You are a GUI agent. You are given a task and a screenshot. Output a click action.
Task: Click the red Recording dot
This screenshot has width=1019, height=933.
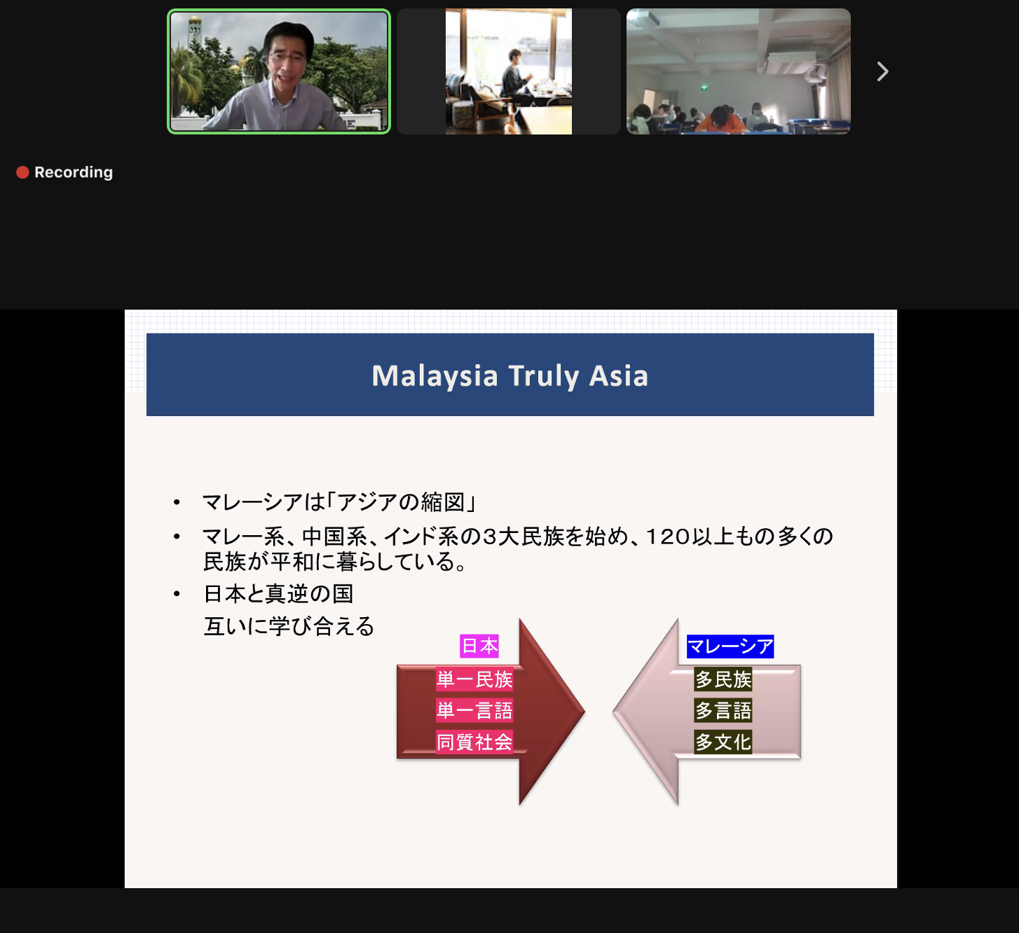[x=22, y=173]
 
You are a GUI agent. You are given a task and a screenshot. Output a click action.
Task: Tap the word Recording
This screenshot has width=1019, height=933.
[x=74, y=173]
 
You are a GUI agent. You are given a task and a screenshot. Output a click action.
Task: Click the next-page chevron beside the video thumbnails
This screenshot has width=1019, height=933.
[x=883, y=71]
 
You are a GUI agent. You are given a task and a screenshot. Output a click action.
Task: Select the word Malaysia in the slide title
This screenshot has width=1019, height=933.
[x=435, y=376]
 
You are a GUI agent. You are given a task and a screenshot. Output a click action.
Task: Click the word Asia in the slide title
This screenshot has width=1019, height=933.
[x=619, y=376]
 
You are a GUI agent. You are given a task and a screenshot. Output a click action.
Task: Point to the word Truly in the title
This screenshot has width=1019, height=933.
[x=544, y=377]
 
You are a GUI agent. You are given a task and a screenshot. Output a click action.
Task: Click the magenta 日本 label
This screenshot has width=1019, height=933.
[x=479, y=646]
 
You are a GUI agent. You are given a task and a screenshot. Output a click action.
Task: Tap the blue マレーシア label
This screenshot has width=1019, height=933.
[x=730, y=646]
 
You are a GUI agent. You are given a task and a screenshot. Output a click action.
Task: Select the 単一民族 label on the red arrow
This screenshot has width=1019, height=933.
[x=474, y=679]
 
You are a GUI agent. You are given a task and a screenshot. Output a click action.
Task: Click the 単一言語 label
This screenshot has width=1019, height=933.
[x=474, y=710]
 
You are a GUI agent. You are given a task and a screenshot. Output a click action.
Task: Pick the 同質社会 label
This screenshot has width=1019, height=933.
[x=474, y=742]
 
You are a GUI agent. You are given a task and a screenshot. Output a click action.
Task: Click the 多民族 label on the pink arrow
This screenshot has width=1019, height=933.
[x=723, y=679]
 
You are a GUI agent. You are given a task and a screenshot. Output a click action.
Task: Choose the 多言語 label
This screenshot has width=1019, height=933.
[x=723, y=710]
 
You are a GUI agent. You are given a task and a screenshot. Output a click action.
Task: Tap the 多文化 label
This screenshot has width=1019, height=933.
[x=723, y=742]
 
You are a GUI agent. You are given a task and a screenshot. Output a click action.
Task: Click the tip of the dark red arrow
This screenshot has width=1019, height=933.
[x=584, y=712]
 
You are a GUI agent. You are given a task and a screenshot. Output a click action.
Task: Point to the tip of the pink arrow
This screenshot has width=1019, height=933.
[x=614, y=712]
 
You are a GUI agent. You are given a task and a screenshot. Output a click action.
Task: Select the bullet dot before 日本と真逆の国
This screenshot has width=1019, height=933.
[x=177, y=594]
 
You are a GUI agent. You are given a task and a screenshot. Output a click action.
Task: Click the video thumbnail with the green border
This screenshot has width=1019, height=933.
[x=279, y=71]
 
